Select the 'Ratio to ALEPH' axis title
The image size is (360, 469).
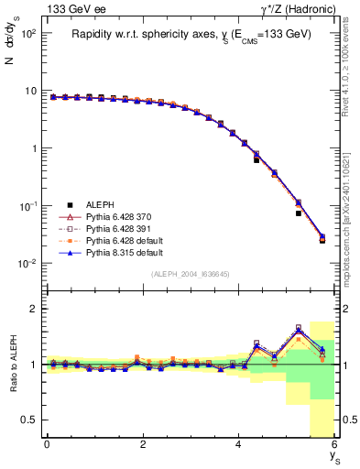point(12,364)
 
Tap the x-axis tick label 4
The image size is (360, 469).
point(238,446)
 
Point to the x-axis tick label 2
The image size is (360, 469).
point(143,446)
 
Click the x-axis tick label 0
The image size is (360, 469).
point(47,446)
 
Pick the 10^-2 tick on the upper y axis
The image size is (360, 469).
point(27,264)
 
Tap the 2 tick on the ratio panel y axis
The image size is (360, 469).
point(33,309)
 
